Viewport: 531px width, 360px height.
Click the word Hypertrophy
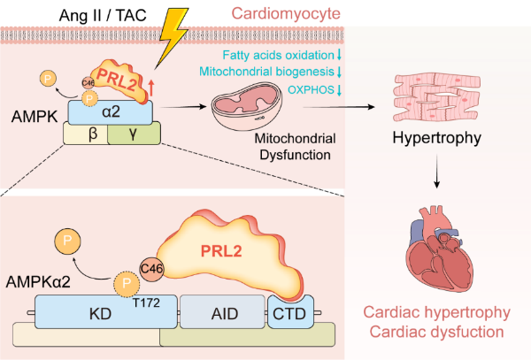pyautogui.click(x=435, y=140)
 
